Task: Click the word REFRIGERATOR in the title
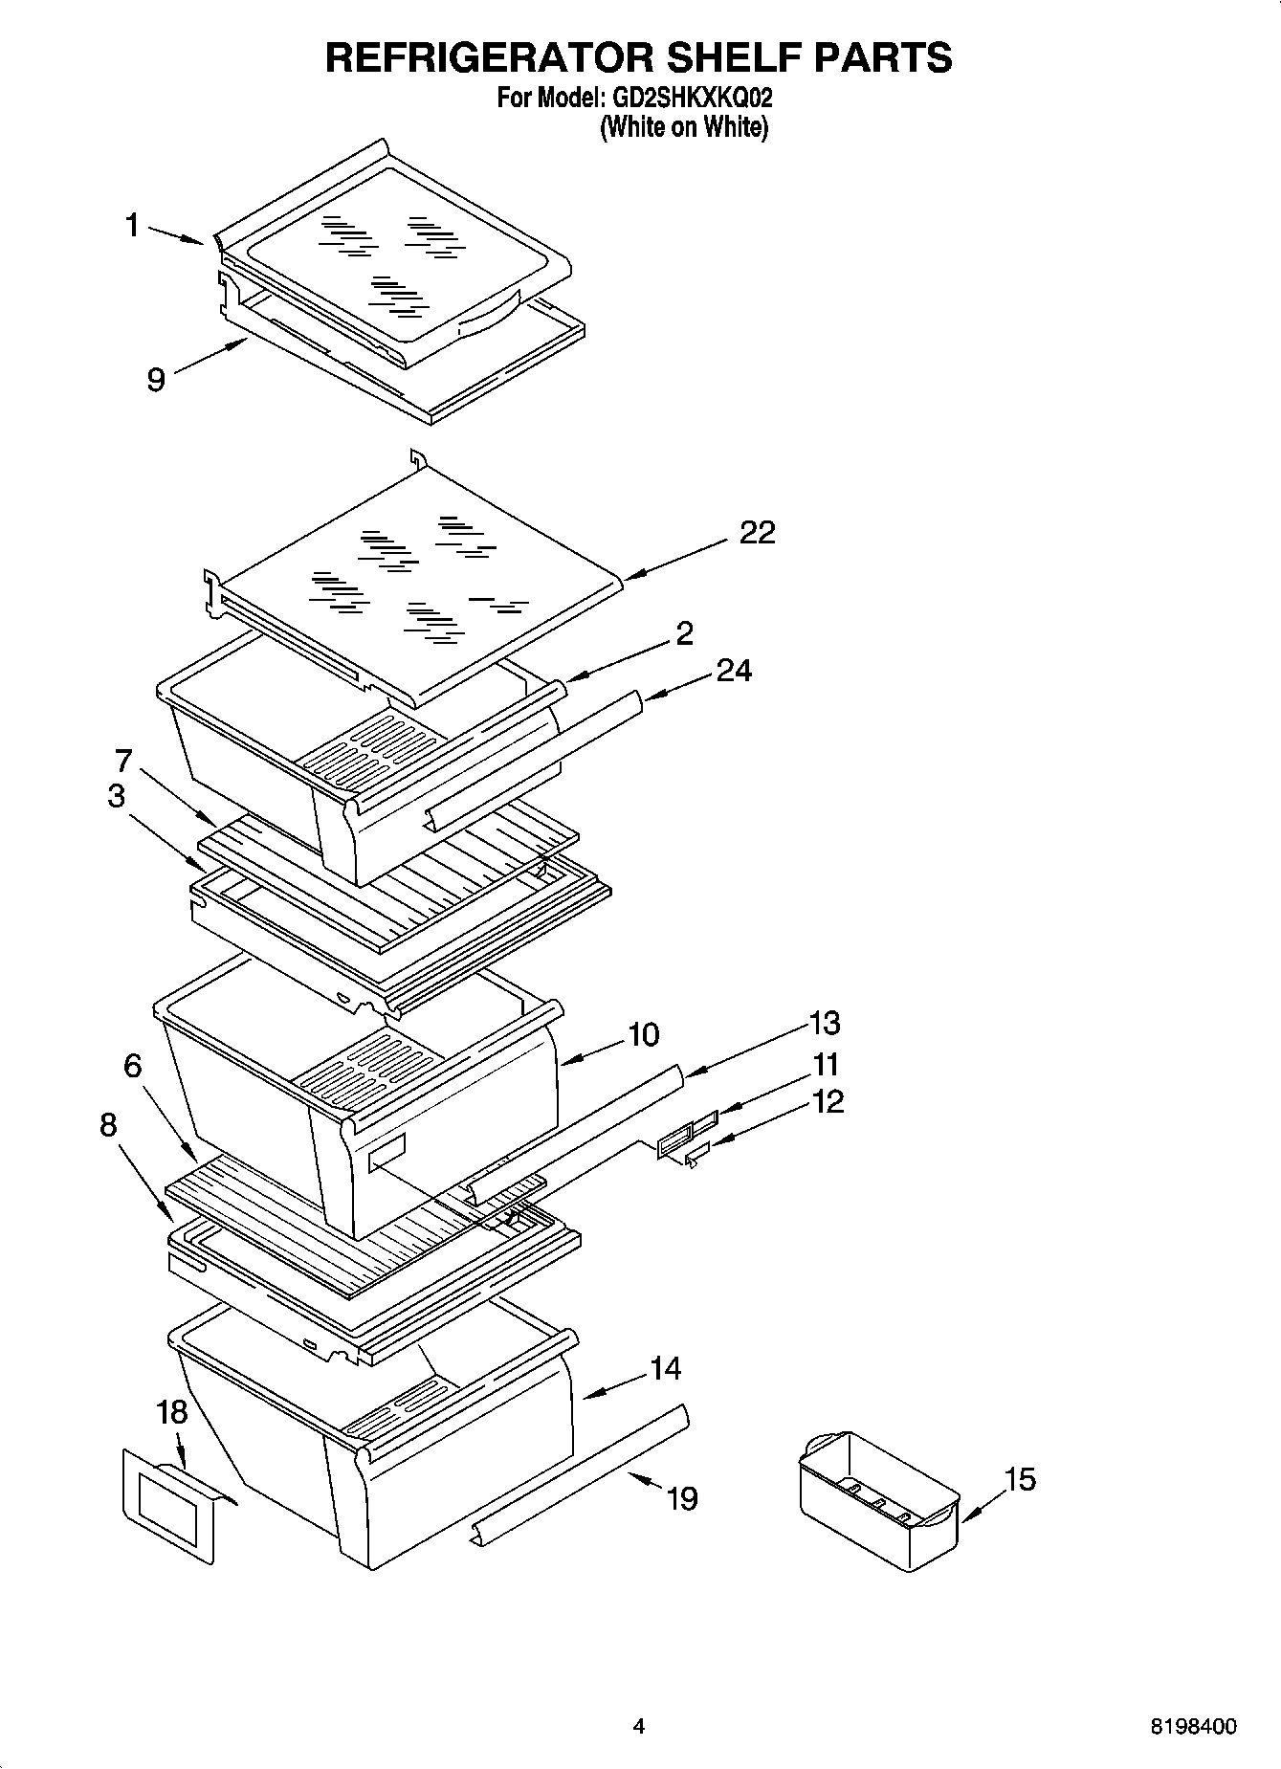[490, 57]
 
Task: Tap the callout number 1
[133, 226]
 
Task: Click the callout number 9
[156, 381]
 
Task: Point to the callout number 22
[757, 532]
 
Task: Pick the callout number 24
[734, 671]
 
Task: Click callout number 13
[825, 1023]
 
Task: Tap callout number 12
[828, 1101]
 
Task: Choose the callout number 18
[172, 1412]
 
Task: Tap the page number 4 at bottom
[639, 1726]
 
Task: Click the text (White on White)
[684, 126]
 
